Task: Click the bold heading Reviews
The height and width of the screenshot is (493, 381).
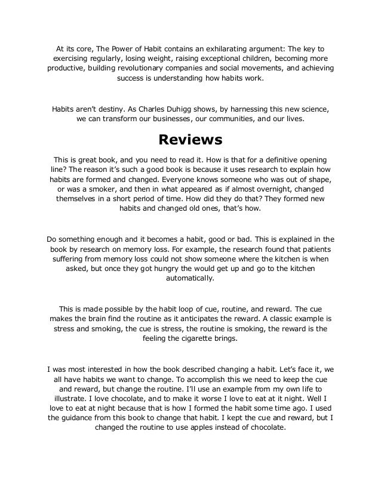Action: pos(190,140)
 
